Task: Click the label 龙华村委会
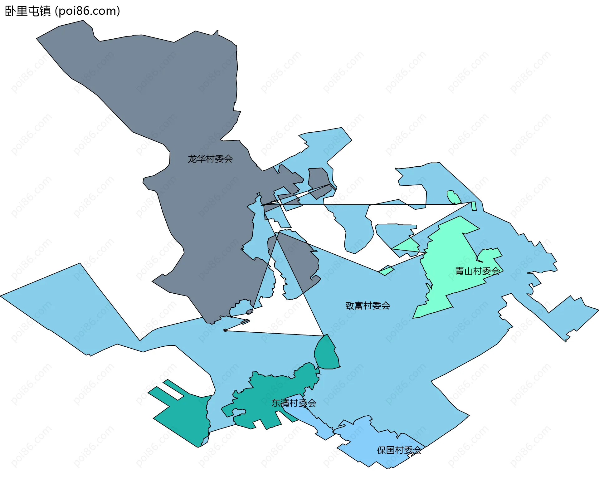tap(210, 159)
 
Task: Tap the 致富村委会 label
tap(368, 306)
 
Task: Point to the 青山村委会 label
tap(477, 271)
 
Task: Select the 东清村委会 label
tap(294, 403)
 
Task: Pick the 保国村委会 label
tap(399, 450)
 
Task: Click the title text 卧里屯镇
tap(28, 11)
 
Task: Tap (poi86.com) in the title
tap(88, 11)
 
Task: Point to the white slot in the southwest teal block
tap(173, 390)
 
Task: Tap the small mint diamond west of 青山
tap(386, 270)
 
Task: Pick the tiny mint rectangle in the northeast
tap(474, 206)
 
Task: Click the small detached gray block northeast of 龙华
tap(319, 181)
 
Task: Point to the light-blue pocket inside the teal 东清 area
tap(239, 412)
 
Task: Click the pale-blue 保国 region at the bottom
tap(374, 443)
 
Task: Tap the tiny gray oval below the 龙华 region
tap(250, 312)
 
